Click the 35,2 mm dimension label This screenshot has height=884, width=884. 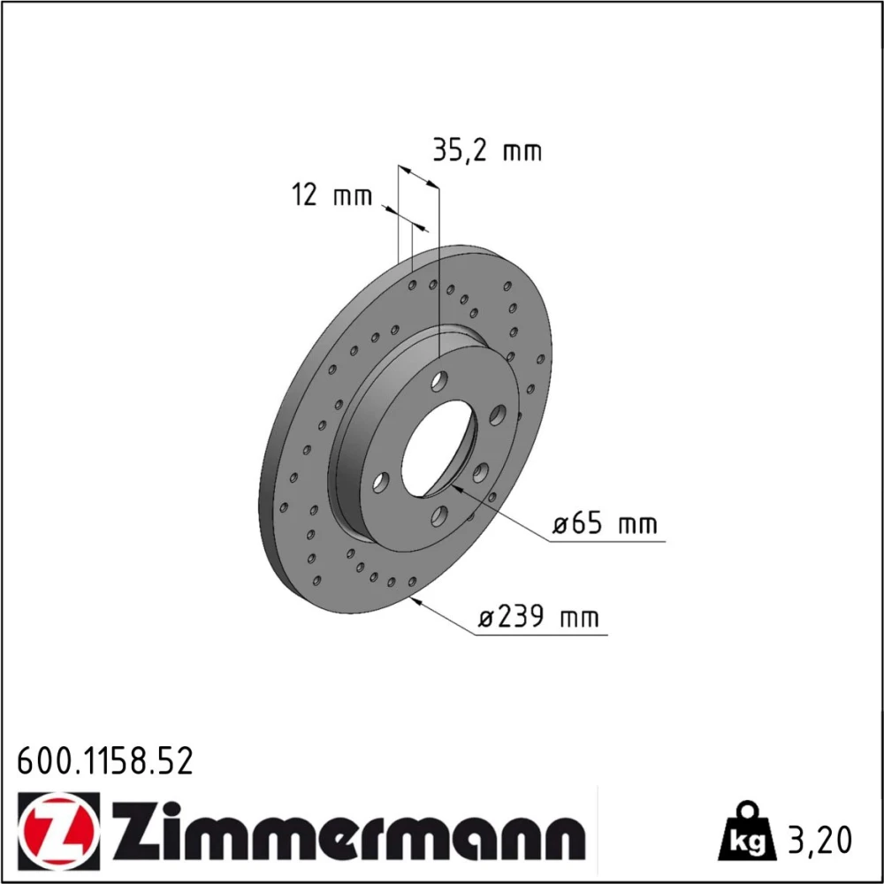pos(486,150)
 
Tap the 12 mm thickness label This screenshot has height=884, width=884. pos(331,194)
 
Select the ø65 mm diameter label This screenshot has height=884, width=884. pos(605,523)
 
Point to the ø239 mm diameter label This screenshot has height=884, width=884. pos(537,617)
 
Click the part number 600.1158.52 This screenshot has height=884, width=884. pos(105,761)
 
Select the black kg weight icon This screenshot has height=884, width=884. pos(746,832)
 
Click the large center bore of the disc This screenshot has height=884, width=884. pos(438,449)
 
